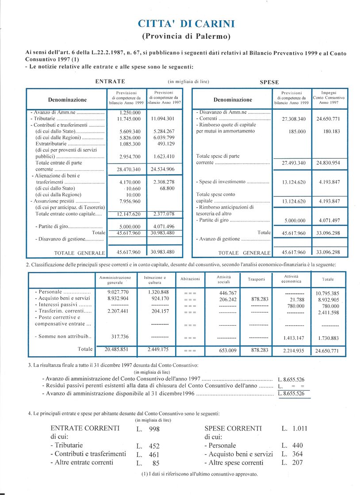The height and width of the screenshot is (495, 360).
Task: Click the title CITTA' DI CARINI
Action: click(186, 24)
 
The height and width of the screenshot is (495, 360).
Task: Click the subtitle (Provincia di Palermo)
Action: click(186, 36)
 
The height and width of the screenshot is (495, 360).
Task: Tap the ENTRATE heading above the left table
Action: click(110, 81)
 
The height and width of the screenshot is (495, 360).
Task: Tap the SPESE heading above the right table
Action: click(269, 82)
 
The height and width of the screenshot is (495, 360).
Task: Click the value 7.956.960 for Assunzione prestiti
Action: click(130, 201)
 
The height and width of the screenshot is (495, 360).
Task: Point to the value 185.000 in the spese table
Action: click(294, 131)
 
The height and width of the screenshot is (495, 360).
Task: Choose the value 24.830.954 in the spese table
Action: click(328, 163)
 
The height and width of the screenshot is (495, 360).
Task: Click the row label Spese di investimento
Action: click(232, 182)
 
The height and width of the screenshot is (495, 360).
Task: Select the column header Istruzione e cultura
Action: click(155, 280)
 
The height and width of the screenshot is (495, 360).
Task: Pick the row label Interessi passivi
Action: click(63, 305)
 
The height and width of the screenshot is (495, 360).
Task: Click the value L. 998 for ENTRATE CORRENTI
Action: click(148, 429)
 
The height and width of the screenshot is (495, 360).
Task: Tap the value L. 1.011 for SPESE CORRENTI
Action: click(294, 428)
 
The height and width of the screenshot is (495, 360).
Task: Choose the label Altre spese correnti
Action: click(234, 463)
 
